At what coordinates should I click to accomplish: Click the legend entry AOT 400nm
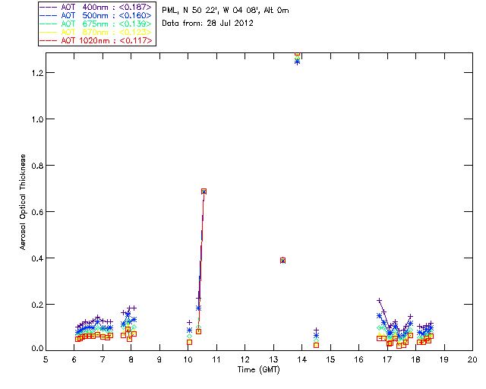click(x=96, y=7)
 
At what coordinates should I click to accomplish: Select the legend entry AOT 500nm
click(x=96, y=15)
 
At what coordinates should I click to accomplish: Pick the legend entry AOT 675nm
click(x=96, y=24)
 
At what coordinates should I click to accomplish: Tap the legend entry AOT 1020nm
click(x=96, y=40)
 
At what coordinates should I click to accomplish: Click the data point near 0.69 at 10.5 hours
click(x=204, y=191)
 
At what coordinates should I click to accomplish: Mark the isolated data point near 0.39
click(x=282, y=260)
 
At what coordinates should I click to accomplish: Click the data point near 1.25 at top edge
click(x=297, y=60)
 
